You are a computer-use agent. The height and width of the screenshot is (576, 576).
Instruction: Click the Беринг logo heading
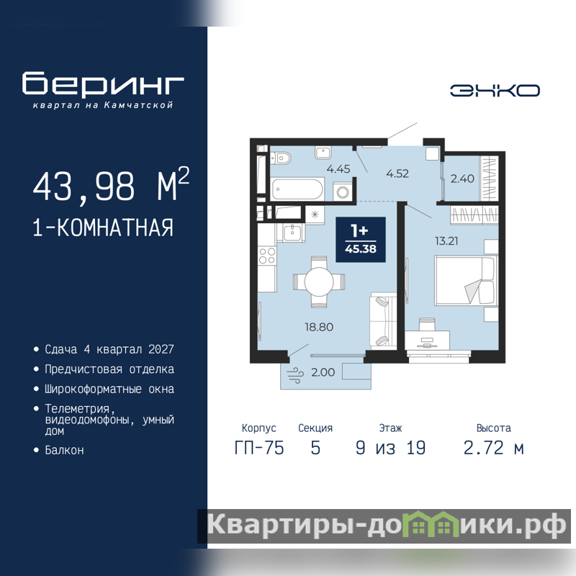(103, 84)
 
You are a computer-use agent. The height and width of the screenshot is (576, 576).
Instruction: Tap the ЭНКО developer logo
(495, 91)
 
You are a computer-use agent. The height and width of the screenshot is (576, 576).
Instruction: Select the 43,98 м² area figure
(111, 185)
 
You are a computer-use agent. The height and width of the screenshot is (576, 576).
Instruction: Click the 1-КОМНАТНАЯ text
(103, 228)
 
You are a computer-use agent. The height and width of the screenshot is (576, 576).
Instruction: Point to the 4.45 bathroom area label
(338, 169)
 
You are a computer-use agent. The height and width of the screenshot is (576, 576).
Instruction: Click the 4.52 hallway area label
(397, 174)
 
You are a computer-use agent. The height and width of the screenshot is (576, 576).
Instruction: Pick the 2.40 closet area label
(462, 179)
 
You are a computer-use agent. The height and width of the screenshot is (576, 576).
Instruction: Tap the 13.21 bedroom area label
(446, 241)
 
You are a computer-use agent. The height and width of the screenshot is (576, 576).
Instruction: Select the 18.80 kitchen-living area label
(319, 327)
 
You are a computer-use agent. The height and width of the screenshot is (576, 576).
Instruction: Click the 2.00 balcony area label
(323, 372)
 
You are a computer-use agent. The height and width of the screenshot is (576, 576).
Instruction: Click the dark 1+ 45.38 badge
(361, 240)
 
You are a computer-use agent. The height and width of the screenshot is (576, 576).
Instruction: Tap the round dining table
(319, 282)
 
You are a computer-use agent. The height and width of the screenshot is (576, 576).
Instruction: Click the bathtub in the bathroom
(297, 189)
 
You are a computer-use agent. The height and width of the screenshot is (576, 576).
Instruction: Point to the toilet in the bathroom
(281, 158)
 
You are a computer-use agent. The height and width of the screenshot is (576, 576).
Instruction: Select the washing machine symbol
(343, 192)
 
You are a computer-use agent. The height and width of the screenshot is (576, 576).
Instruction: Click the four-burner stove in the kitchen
(267, 256)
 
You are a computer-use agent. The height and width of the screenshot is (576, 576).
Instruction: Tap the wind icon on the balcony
(295, 375)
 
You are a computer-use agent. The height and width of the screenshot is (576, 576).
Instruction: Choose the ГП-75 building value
(259, 448)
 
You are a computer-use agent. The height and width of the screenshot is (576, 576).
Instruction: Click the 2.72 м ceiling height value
(494, 448)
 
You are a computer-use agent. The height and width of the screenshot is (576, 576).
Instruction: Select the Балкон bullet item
(64, 450)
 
